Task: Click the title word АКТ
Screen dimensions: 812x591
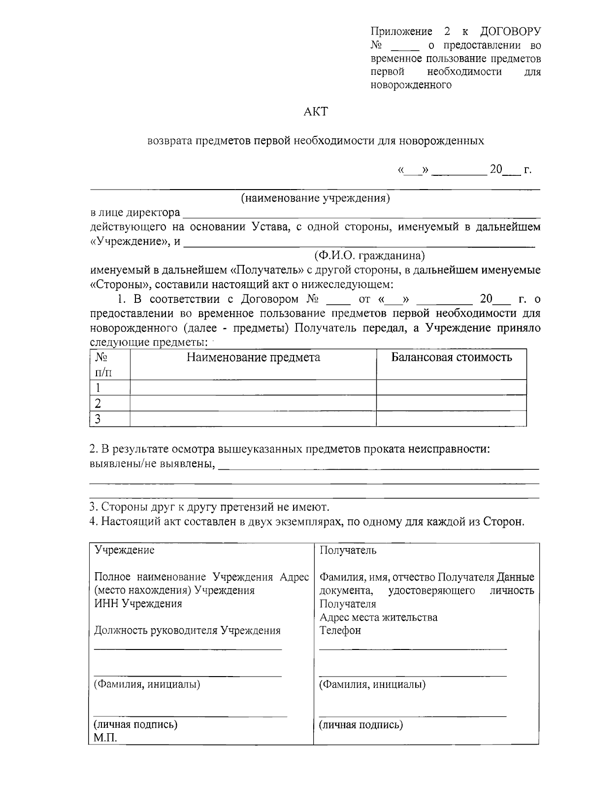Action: pyautogui.click(x=315, y=112)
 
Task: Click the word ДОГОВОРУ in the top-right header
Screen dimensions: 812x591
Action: pyautogui.click(x=510, y=32)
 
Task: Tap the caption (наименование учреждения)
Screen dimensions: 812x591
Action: pyautogui.click(x=315, y=198)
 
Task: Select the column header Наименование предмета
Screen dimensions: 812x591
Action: pyautogui.click(x=253, y=357)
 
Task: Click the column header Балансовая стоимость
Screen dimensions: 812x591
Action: pyautogui.click(x=451, y=357)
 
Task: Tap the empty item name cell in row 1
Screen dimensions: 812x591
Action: pyautogui.click(x=253, y=387)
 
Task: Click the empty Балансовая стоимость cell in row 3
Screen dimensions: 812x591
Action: pyautogui.click(x=451, y=419)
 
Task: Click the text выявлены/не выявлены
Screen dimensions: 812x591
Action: pyautogui.click(x=152, y=464)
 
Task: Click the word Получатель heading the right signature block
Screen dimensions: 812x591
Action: pyautogui.click(x=348, y=550)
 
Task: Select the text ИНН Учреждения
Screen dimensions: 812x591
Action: pyautogui.click(x=138, y=604)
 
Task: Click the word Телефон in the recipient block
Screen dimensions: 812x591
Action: pyautogui.click(x=340, y=630)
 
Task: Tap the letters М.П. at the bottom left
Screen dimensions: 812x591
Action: pyautogui.click(x=105, y=738)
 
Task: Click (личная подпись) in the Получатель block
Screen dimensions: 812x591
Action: pyautogui.click(x=361, y=724)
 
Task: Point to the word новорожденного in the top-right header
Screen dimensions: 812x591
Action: pyautogui.click(x=411, y=85)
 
